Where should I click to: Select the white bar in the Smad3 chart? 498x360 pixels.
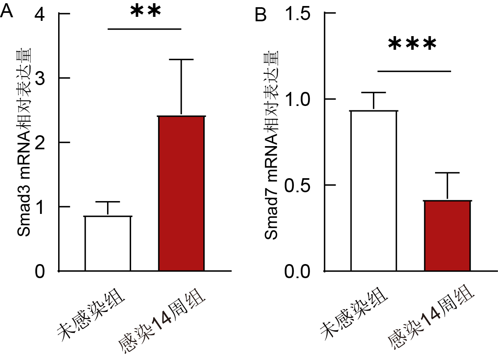(108, 244)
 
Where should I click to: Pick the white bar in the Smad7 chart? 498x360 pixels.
(374, 191)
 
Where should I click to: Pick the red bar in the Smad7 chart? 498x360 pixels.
(447, 236)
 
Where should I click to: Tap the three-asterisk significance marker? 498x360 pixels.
(412, 45)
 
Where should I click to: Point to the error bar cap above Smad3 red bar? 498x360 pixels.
(182, 59)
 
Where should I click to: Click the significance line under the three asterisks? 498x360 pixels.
(414, 71)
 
